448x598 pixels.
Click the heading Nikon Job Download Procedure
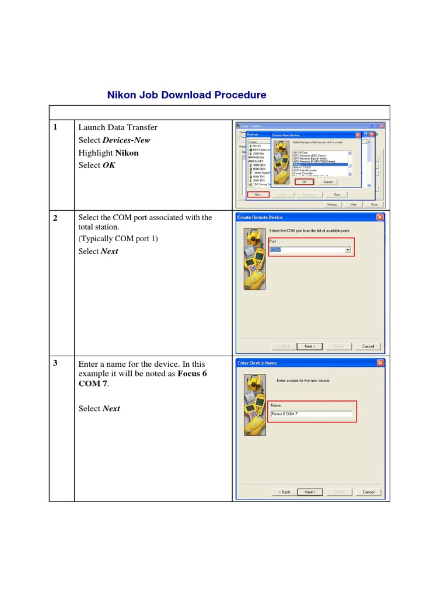pyautogui.click(x=187, y=95)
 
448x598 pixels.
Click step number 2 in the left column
pyautogui.click(x=55, y=218)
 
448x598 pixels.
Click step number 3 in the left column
pyautogui.click(x=55, y=363)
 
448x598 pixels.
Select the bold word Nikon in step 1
pyautogui.click(x=127, y=152)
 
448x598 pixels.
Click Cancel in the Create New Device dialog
pyautogui.click(x=328, y=182)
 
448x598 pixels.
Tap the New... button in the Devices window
pyautogui.click(x=258, y=194)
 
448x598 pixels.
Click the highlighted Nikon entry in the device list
pyautogui.click(x=320, y=165)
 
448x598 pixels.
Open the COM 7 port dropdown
pyautogui.click(x=348, y=250)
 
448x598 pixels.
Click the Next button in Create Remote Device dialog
pyautogui.click(x=309, y=346)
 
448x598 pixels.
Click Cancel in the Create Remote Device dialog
pyautogui.click(x=368, y=346)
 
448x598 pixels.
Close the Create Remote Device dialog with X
pyautogui.click(x=380, y=217)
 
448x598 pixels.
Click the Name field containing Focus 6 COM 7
pyautogui.click(x=311, y=414)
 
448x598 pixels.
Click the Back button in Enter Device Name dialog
pyautogui.click(x=284, y=492)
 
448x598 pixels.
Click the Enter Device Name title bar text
pyautogui.click(x=257, y=363)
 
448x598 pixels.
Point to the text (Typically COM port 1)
pyautogui.click(x=118, y=239)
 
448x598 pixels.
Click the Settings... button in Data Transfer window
pyautogui.click(x=332, y=204)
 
